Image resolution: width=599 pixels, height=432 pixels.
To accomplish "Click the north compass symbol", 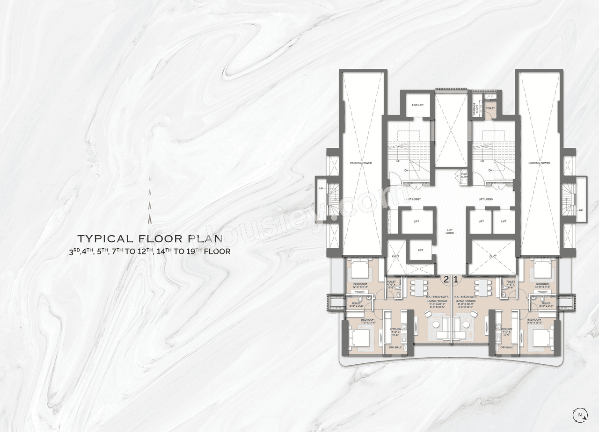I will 580,414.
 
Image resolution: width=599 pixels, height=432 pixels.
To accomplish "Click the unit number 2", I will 446,280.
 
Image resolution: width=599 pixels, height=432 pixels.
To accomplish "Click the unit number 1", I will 456,280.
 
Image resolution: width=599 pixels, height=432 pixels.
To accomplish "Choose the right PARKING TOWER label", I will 539,163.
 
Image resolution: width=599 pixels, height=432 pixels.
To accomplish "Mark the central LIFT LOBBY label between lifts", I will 449,231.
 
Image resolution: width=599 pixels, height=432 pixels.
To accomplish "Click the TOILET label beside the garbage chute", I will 490,108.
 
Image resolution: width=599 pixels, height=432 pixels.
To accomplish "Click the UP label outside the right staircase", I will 581,210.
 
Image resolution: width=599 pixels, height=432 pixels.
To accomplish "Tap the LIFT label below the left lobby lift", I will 420,250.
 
